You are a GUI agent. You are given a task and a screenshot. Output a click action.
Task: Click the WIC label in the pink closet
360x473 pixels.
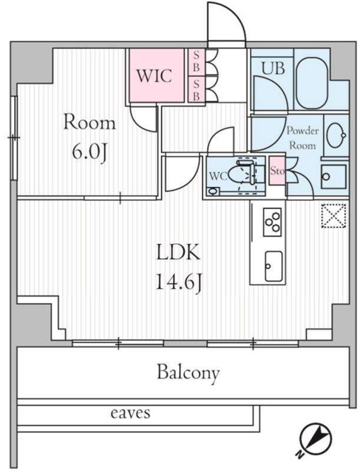point(154,75)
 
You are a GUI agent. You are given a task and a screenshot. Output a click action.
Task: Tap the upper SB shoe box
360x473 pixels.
point(197,62)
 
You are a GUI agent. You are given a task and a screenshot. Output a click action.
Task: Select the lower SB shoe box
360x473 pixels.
point(197,89)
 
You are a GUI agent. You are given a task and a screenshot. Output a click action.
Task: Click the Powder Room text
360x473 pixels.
point(302,138)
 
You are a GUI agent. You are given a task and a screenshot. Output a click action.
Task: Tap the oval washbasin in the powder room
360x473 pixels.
point(336,136)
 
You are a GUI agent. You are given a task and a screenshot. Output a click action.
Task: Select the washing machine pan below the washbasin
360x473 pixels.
point(333,177)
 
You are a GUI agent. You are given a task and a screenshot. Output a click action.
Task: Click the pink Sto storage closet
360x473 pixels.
point(277,171)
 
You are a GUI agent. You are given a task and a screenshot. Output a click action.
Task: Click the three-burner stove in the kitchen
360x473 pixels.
point(273,222)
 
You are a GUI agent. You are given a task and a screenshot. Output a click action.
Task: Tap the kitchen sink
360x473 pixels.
point(274,266)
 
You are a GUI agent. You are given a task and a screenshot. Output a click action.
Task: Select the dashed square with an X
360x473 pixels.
point(333,215)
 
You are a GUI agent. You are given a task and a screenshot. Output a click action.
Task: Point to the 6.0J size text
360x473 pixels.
point(89,153)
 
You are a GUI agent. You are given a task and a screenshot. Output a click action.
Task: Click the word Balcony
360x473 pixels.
point(188,373)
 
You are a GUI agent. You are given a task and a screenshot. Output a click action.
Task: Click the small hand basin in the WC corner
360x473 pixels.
point(214,191)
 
